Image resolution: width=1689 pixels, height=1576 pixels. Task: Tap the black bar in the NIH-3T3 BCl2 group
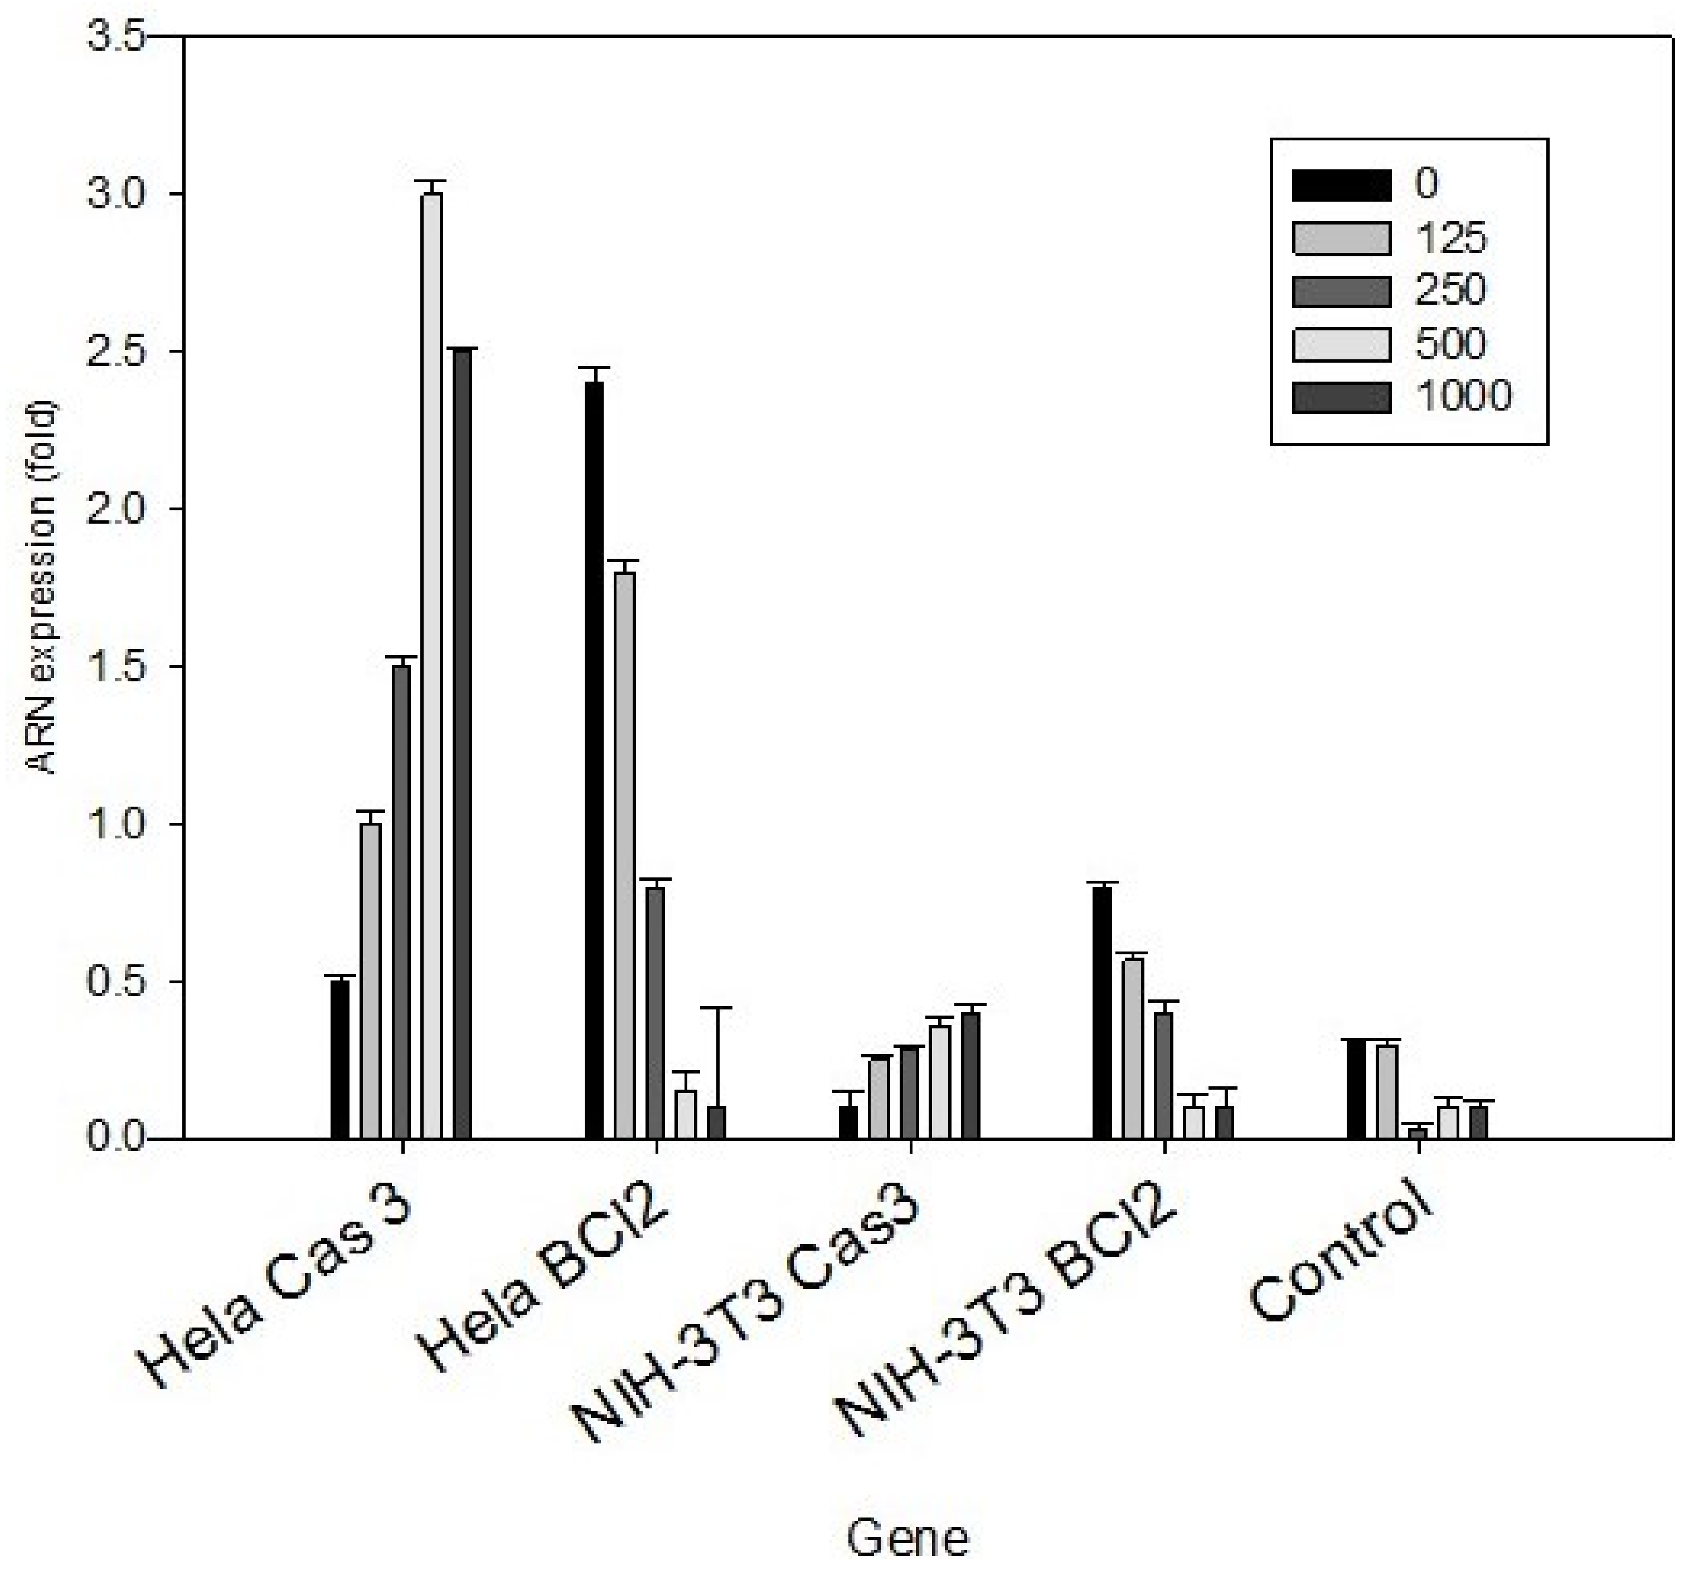pos(1102,1012)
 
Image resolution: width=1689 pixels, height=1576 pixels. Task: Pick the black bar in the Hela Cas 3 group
pos(340,1059)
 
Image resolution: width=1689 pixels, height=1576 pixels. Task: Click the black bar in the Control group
pos(1357,1089)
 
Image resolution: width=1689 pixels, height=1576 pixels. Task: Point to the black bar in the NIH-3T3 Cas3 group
pos(848,1122)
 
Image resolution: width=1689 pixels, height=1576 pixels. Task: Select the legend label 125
pos(1450,238)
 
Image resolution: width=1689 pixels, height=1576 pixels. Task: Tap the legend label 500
pos(1450,344)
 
